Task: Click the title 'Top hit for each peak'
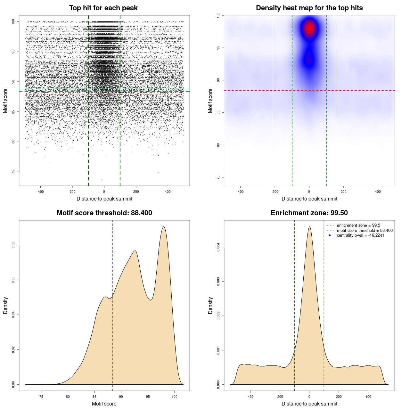[103, 8]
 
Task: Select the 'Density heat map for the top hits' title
[309, 8]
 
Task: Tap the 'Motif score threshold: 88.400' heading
[104, 213]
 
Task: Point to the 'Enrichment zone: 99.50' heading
[309, 213]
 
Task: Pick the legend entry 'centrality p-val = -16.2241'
[360, 235]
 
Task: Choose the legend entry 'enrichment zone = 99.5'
[358, 225]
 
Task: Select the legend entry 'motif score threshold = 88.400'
[365, 231]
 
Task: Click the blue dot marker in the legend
[330, 235]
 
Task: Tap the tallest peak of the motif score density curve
[164, 227]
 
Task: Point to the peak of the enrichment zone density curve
[309, 227]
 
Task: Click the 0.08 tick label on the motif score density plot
[13, 245]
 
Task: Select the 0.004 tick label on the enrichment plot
[218, 247]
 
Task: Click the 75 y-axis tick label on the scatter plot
[13, 172]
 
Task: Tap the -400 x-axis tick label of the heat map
[240, 192]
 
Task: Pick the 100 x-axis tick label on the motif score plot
[174, 397]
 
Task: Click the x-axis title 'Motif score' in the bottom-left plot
[104, 404]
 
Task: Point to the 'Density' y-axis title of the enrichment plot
[210, 305]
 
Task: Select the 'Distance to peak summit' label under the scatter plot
[104, 199]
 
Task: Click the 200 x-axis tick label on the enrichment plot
[339, 397]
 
